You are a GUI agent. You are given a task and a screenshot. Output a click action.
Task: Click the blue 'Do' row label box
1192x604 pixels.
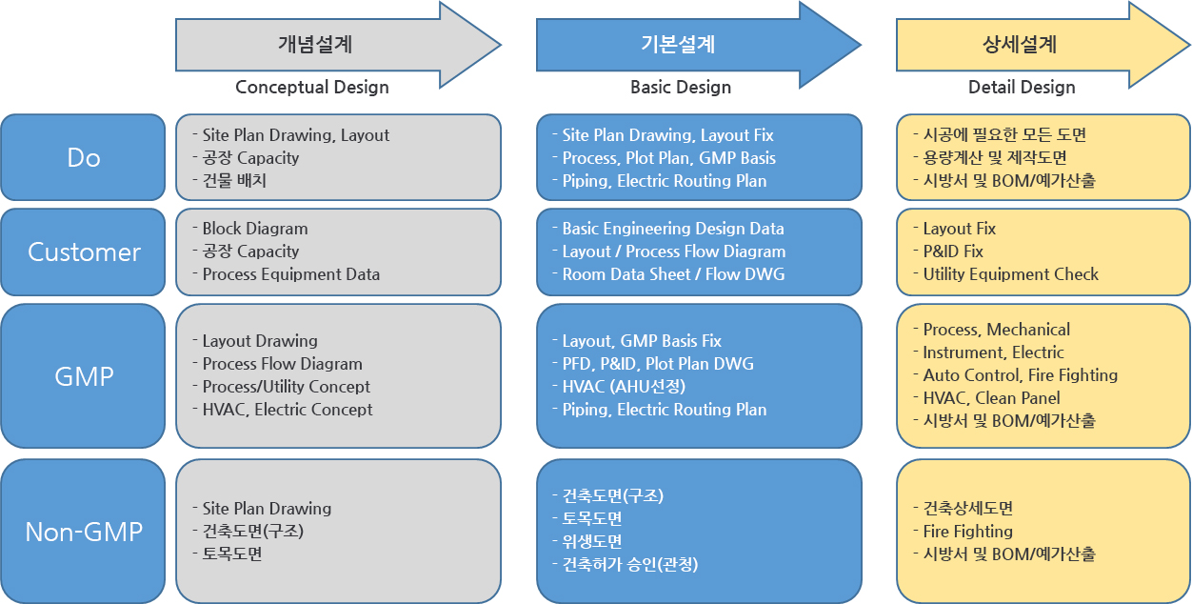(83, 157)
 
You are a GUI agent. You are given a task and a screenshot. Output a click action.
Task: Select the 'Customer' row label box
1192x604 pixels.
(83, 252)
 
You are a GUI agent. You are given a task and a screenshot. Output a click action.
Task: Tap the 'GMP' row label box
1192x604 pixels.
(83, 376)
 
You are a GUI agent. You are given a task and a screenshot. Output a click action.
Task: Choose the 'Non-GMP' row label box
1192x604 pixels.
(83, 531)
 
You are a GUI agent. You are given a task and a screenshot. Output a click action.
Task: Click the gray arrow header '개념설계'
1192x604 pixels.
(338, 45)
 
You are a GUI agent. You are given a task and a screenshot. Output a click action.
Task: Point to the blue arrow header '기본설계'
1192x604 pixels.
(698, 45)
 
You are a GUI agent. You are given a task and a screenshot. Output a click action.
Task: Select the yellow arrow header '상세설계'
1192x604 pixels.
(1043, 45)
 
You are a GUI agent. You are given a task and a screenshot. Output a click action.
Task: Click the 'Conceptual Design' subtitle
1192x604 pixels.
(312, 88)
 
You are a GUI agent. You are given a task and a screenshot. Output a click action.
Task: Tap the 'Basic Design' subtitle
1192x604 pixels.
(681, 88)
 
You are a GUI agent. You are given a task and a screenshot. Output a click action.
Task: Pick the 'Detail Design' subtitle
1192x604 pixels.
(1022, 88)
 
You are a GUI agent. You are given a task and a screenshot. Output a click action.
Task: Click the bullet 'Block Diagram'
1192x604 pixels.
(255, 229)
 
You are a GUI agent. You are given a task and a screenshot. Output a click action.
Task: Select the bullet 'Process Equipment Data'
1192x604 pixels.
(291, 274)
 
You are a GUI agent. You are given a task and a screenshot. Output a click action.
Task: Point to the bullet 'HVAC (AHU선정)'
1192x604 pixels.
(624, 386)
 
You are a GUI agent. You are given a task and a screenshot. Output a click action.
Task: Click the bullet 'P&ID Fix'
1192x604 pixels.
(953, 252)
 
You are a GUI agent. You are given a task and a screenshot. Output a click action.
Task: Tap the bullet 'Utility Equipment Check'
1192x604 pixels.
(1010, 274)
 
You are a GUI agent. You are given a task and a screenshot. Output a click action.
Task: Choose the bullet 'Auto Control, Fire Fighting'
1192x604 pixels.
(1020, 375)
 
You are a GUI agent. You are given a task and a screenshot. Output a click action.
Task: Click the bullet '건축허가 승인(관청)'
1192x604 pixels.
(630, 564)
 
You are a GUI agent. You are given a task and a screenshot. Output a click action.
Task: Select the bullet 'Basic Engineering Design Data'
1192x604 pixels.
(673, 229)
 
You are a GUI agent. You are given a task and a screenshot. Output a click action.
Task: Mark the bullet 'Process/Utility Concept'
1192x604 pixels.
(287, 386)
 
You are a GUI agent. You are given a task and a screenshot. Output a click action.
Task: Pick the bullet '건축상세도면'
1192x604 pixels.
(968, 508)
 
